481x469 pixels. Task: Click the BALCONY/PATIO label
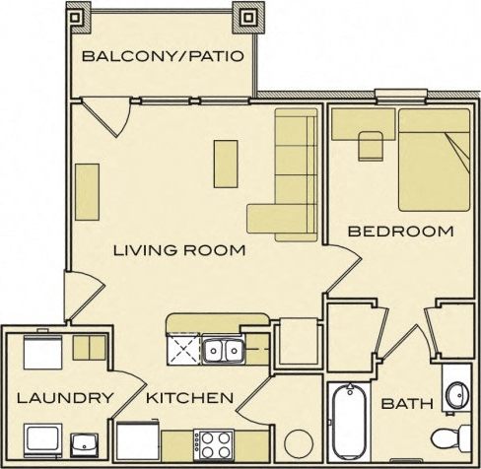click(x=162, y=55)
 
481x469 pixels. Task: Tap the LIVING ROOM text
click(x=177, y=250)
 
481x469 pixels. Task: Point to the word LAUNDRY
click(x=61, y=399)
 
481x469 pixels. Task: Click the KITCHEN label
click(x=190, y=399)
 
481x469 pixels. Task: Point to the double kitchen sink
click(x=222, y=349)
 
